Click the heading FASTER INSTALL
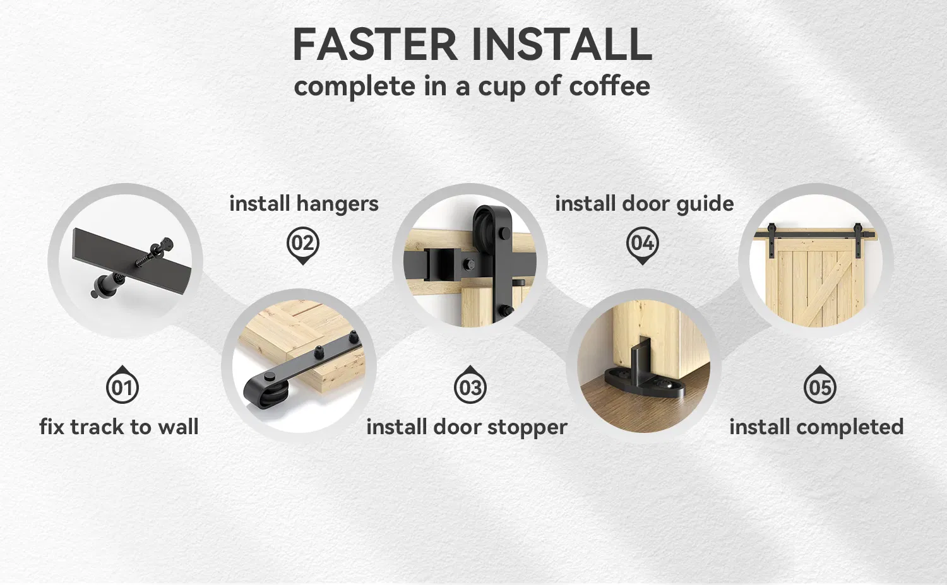click(472, 45)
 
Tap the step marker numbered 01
click(122, 386)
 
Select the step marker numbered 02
click(303, 243)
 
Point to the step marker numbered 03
click(470, 386)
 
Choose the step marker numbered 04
click(642, 243)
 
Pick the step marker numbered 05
click(819, 386)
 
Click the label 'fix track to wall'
click(119, 427)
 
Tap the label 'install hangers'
click(304, 204)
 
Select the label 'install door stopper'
click(467, 427)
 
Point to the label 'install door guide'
click(644, 204)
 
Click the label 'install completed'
click(816, 427)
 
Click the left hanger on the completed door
click(771, 232)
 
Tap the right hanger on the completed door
click(859, 232)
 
